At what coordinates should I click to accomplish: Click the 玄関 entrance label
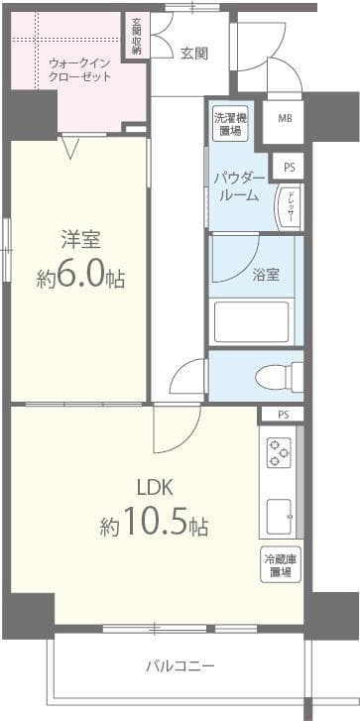[193, 54]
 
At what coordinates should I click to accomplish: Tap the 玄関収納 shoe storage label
[136, 36]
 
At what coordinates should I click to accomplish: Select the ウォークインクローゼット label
[79, 69]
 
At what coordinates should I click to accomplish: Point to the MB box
[285, 119]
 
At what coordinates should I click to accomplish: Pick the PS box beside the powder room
[289, 168]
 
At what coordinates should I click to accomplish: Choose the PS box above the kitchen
[284, 415]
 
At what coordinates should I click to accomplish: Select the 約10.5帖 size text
[154, 523]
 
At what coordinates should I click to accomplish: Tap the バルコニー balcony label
[179, 665]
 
